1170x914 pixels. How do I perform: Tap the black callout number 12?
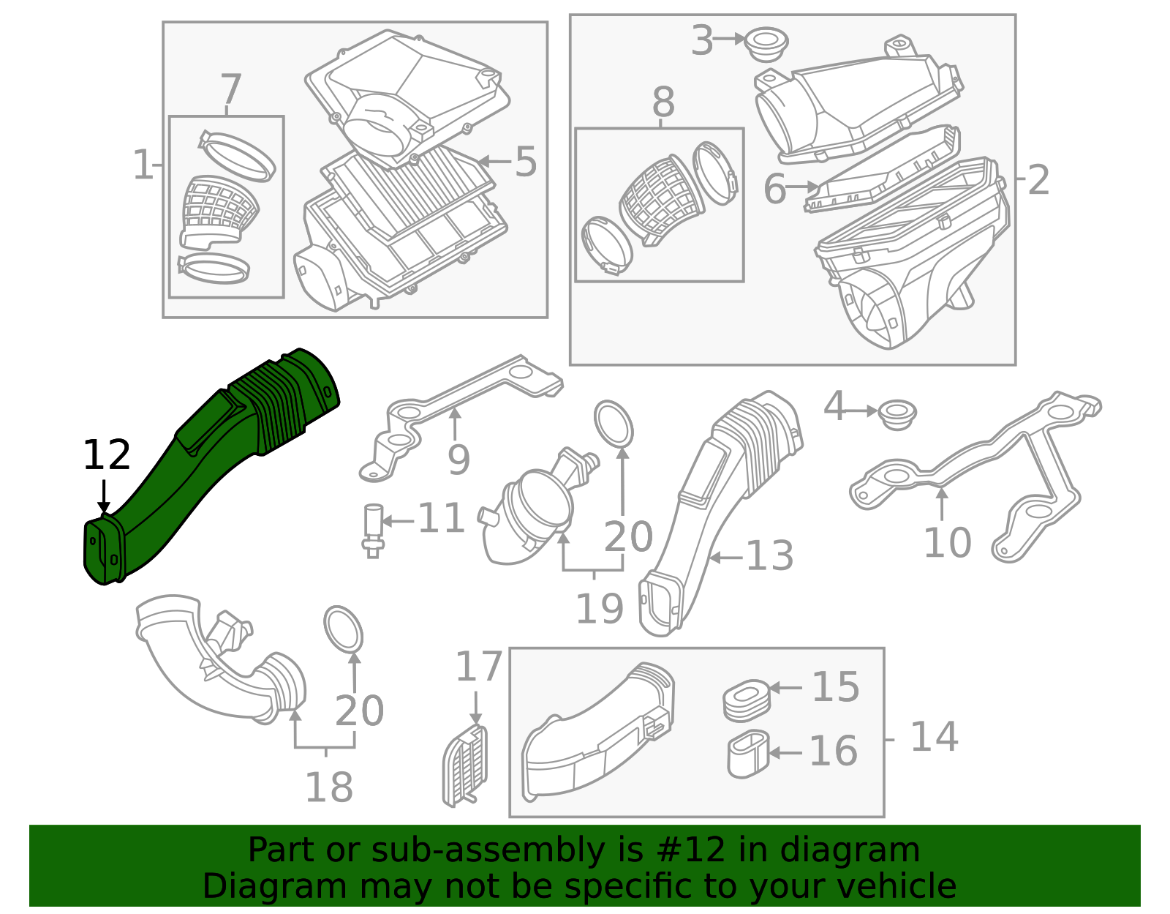107,455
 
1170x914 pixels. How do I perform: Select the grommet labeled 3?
767,45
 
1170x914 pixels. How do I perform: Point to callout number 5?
526,162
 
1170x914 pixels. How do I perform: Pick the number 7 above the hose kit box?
231,89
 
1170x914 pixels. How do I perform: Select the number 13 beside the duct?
770,555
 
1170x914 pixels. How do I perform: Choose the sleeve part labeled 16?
748,754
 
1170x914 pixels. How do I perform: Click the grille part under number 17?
464,766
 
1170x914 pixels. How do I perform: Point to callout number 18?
329,787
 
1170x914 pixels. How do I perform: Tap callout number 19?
600,609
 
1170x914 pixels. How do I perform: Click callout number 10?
948,542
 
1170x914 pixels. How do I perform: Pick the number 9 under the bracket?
458,460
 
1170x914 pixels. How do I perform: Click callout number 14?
934,737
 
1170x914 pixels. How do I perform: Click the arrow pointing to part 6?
802,187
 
